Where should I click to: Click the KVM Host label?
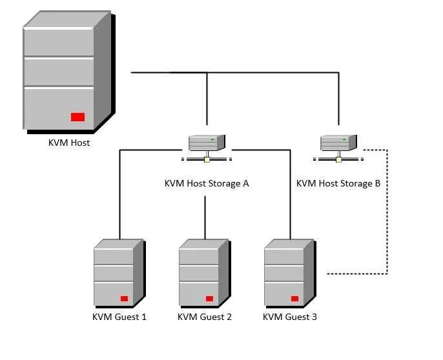pos(69,143)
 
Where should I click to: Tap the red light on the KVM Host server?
pos(77,117)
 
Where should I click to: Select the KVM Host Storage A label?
pos(207,183)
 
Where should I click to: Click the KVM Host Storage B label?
pos(338,183)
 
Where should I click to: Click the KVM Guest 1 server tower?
pos(118,272)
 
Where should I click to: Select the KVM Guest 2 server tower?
pos(203,272)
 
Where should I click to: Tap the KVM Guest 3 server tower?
pos(289,272)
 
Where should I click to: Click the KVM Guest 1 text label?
pos(119,317)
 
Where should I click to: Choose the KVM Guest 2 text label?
pos(205,317)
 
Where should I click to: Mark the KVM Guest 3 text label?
pos(290,317)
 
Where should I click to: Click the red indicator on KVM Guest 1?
pos(124,299)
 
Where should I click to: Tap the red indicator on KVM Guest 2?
pos(209,299)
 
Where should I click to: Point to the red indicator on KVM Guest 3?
pos(294,299)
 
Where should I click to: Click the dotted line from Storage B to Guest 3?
pos(386,213)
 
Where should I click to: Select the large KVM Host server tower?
pos(67,71)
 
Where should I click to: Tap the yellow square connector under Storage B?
pos(338,159)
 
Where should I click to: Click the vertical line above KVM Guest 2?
pos(205,216)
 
